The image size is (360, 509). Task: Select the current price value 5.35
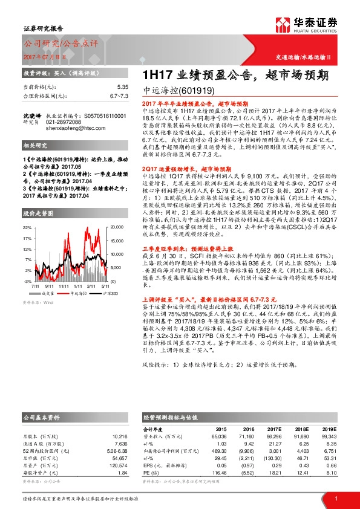[x=123, y=87]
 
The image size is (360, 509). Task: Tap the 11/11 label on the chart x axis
[x=73, y=286]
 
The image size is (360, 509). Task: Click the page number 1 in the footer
[x=335, y=498]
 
